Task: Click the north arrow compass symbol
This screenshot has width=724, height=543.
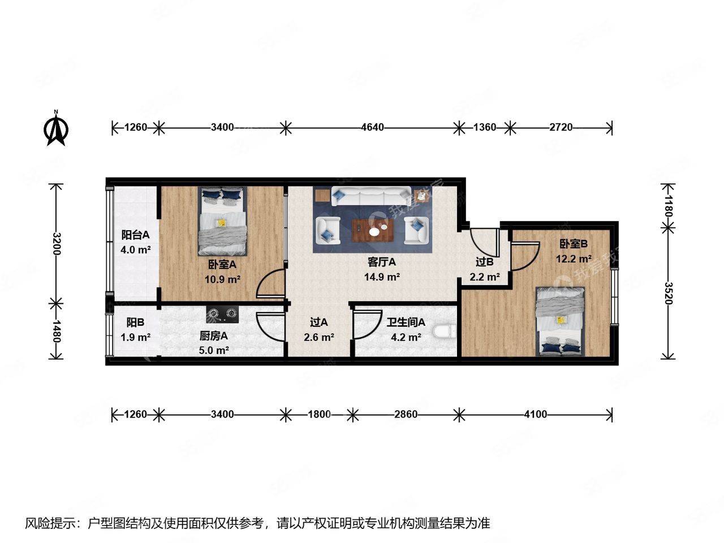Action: click(56, 128)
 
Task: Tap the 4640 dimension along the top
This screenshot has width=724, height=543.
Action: click(372, 127)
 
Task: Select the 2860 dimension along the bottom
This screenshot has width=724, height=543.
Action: click(406, 414)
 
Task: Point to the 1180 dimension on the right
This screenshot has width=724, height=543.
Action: click(668, 206)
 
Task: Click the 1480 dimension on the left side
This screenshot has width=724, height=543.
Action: click(57, 331)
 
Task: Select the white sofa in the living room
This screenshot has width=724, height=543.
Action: click(371, 196)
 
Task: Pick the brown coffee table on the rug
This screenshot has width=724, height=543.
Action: click(373, 230)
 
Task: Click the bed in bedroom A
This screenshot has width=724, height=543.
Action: click(222, 221)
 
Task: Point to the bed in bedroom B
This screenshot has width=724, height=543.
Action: click(560, 321)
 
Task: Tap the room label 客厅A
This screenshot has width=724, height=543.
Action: click(382, 262)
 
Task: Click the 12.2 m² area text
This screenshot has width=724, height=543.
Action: click(574, 259)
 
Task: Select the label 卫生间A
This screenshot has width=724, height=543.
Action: click(406, 322)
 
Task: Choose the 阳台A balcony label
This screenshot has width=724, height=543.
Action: click(135, 235)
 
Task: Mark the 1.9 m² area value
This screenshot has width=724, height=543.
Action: click(136, 337)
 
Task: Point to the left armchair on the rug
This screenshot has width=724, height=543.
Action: click(327, 230)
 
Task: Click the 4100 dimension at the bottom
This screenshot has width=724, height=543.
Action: click(535, 414)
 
